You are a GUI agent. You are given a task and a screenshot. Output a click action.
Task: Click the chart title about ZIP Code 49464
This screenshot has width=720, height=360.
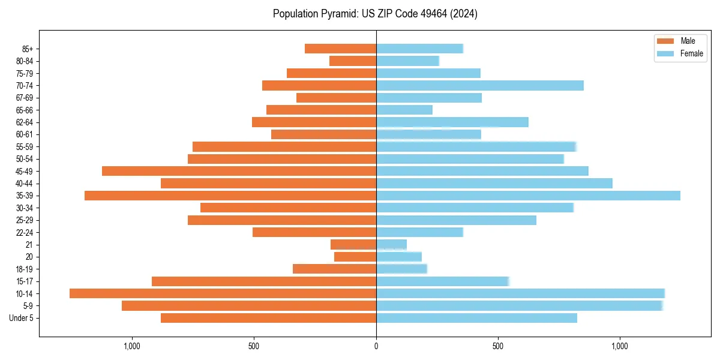point(375,14)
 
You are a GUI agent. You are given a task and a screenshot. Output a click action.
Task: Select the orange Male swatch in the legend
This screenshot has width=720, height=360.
point(666,41)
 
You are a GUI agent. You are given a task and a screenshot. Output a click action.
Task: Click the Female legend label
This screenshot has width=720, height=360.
point(691,53)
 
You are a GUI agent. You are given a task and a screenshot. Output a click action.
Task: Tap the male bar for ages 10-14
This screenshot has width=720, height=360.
point(223,293)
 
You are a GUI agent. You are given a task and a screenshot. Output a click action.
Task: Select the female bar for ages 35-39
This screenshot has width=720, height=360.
point(528,196)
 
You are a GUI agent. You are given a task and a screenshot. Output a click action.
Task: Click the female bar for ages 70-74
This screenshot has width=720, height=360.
point(480,85)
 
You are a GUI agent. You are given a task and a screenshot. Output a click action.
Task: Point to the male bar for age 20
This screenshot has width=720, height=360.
point(355,257)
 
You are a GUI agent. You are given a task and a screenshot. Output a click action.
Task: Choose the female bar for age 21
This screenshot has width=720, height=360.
point(391,244)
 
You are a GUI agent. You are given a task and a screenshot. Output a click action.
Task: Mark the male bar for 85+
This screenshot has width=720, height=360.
point(340,49)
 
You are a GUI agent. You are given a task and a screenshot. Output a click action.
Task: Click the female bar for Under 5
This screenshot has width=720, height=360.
point(476,318)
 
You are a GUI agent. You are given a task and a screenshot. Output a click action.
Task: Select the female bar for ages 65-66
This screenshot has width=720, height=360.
point(404,110)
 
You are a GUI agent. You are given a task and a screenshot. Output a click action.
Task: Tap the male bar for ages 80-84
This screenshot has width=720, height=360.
point(353,61)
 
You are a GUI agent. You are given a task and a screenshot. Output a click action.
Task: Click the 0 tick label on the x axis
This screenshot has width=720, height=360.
point(376,346)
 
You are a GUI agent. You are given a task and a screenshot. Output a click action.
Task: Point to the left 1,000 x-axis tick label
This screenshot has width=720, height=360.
point(131,346)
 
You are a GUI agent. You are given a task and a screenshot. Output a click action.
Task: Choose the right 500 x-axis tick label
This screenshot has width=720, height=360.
point(498,346)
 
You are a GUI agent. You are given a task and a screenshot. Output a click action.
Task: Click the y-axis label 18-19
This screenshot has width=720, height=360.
point(25,269)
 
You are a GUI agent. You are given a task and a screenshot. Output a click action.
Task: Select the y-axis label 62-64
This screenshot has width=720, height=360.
point(25,122)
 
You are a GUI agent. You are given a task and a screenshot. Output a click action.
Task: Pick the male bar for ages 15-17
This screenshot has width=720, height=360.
point(264,281)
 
